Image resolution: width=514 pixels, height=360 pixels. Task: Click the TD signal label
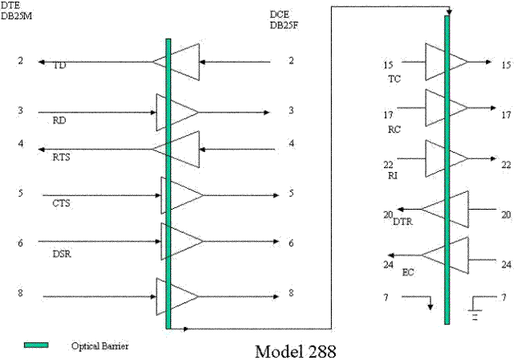pyautogui.click(x=59, y=66)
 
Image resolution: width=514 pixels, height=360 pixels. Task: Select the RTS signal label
pyautogui.click(x=61, y=157)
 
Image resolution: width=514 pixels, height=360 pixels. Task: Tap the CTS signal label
pyautogui.click(x=61, y=203)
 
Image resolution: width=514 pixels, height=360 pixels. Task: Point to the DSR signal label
pyautogui.click(x=62, y=254)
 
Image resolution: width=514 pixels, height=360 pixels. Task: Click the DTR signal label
pyautogui.click(x=403, y=222)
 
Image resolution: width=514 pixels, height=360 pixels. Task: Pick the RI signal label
pyautogui.click(x=393, y=176)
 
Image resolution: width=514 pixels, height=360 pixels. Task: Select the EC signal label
pyautogui.click(x=408, y=272)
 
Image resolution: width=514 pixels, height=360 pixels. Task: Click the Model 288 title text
pyautogui.click(x=296, y=351)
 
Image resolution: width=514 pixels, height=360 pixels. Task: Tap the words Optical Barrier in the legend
pyautogui.click(x=100, y=346)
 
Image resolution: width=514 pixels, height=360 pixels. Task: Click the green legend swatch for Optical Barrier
pyautogui.click(x=36, y=345)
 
